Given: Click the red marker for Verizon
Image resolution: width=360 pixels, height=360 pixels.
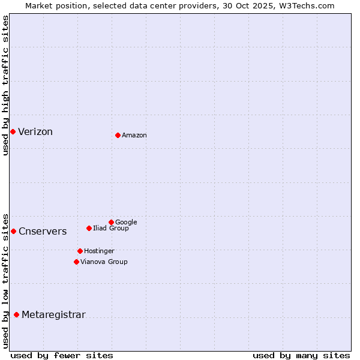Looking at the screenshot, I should (x=13, y=131).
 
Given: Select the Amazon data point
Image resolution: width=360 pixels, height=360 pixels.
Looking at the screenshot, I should (x=118, y=135).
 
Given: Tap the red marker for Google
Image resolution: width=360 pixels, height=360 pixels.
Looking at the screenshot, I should (x=111, y=222).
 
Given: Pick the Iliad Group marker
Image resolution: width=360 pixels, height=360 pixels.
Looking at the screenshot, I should (x=89, y=228).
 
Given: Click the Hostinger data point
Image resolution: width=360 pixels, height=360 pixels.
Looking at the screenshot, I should (x=80, y=251).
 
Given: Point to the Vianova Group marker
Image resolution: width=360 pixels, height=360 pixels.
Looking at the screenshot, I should (x=76, y=262).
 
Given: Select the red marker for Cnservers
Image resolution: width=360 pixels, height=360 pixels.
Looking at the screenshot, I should (x=13, y=231).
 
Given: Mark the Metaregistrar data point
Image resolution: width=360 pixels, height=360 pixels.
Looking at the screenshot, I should (x=16, y=314).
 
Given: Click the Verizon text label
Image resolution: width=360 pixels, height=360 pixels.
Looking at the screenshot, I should (x=35, y=132).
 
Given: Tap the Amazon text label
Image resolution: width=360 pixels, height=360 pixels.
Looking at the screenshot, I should (x=134, y=136).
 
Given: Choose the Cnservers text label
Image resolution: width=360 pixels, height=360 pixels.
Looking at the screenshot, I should (x=43, y=232).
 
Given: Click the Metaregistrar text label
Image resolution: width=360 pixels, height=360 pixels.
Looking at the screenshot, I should (x=53, y=315).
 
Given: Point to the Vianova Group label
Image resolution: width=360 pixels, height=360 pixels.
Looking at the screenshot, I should (x=104, y=262).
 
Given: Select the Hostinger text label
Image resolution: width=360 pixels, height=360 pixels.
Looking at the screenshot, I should (x=99, y=251).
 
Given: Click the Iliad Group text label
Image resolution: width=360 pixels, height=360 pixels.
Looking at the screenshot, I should (x=110, y=228).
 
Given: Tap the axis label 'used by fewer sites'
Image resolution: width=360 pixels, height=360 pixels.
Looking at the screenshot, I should (x=62, y=355).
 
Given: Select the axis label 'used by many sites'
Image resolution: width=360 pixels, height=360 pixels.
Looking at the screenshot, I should (x=301, y=355).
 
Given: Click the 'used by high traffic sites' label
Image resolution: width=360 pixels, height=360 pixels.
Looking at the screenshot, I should (x=5, y=85).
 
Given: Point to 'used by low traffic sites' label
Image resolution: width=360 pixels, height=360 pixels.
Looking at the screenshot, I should (x=5, y=281).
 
